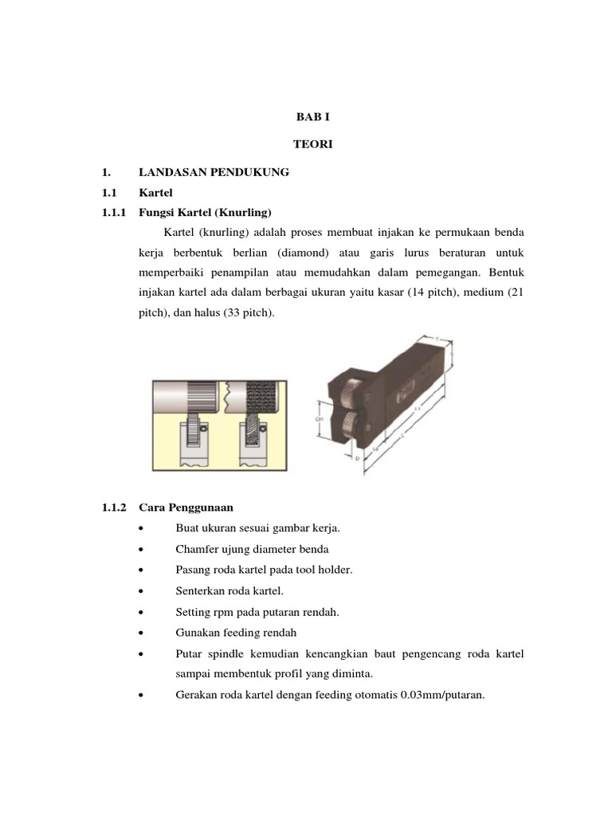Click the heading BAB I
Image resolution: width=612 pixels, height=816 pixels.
click(307, 116)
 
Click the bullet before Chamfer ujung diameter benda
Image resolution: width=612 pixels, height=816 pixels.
click(140, 550)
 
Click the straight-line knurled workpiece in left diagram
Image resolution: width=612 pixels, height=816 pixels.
click(199, 394)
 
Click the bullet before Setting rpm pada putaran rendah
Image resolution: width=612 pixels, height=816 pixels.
click(140, 612)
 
